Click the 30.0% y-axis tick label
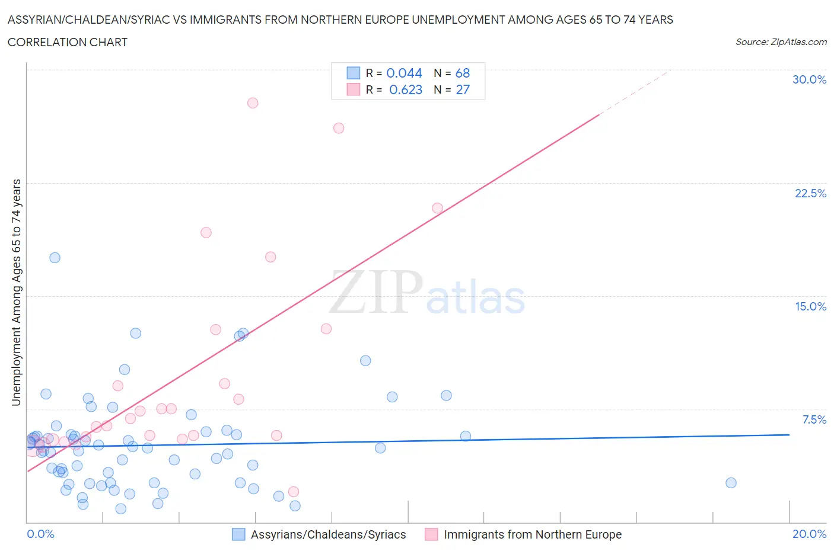point(809,79)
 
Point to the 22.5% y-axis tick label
point(810,193)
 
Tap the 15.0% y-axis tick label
point(810,306)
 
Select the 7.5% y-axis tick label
point(814,419)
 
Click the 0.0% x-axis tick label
point(40,534)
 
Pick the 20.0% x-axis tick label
point(809,534)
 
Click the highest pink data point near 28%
point(253,102)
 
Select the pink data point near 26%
point(339,128)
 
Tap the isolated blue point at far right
point(731,483)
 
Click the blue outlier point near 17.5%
point(55,258)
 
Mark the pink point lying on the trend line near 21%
point(437,208)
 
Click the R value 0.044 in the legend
point(404,73)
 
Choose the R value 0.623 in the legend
point(406,89)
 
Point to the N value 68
point(463,73)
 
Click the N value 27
point(463,89)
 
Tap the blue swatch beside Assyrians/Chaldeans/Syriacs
point(238,534)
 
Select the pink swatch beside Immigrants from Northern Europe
point(431,534)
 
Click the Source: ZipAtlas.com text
point(781,41)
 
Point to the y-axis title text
point(16,293)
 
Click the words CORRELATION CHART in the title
point(68,42)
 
